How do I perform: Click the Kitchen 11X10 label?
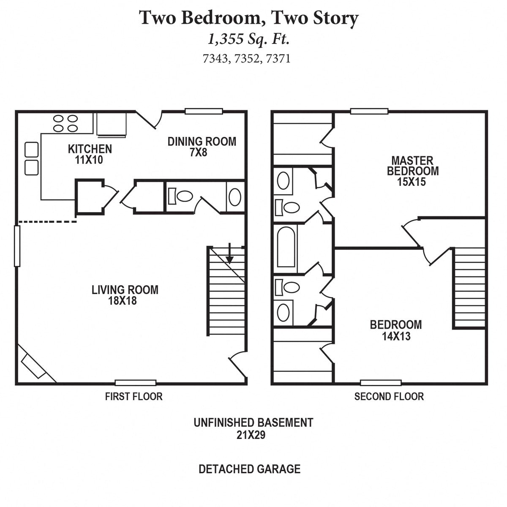pyautogui.click(x=90, y=154)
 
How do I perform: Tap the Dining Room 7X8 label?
pyautogui.click(x=202, y=147)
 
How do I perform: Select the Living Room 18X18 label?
pyautogui.click(x=125, y=295)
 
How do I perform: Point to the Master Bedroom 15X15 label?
pyautogui.click(x=412, y=171)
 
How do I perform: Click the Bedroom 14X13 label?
pyautogui.click(x=395, y=330)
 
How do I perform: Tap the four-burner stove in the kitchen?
pyautogui.click(x=65, y=123)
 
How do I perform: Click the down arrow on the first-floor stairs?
pyautogui.click(x=229, y=253)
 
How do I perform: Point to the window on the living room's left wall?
pyautogui.click(x=17, y=246)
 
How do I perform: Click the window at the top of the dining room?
pyautogui.click(x=204, y=112)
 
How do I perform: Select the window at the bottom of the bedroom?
pyautogui.click(x=380, y=383)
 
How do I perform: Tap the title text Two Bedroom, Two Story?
pyautogui.click(x=249, y=18)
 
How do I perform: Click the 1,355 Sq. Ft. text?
pyautogui.click(x=248, y=39)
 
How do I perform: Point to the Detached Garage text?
pyautogui.click(x=249, y=469)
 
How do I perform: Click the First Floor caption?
pyautogui.click(x=134, y=396)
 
